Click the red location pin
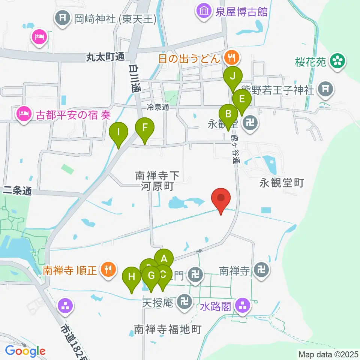pos(221,198)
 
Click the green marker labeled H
pos(132,277)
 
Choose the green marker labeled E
pos(242,100)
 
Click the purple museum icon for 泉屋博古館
pos(204,11)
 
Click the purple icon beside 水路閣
pos(243,306)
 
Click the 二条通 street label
pos(16,191)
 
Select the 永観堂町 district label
pos(281,183)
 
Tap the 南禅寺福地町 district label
pos(168,330)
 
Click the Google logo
pos(25,351)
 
